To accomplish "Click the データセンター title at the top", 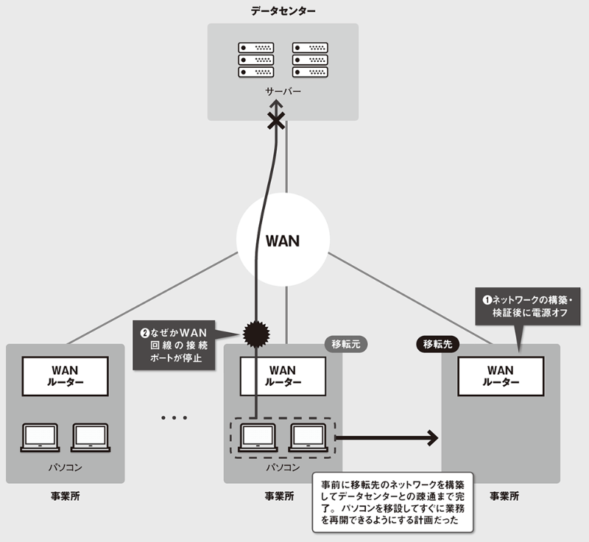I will (x=283, y=11).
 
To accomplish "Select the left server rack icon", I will (x=255, y=60).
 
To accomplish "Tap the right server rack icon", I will (x=310, y=60).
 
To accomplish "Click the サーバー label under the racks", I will (x=283, y=92).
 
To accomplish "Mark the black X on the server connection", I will (x=275, y=122).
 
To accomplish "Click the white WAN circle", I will (x=283, y=241).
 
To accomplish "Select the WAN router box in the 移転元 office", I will (x=283, y=376).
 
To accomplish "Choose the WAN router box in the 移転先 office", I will (x=501, y=376).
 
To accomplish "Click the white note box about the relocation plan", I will (x=393, y=502).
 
